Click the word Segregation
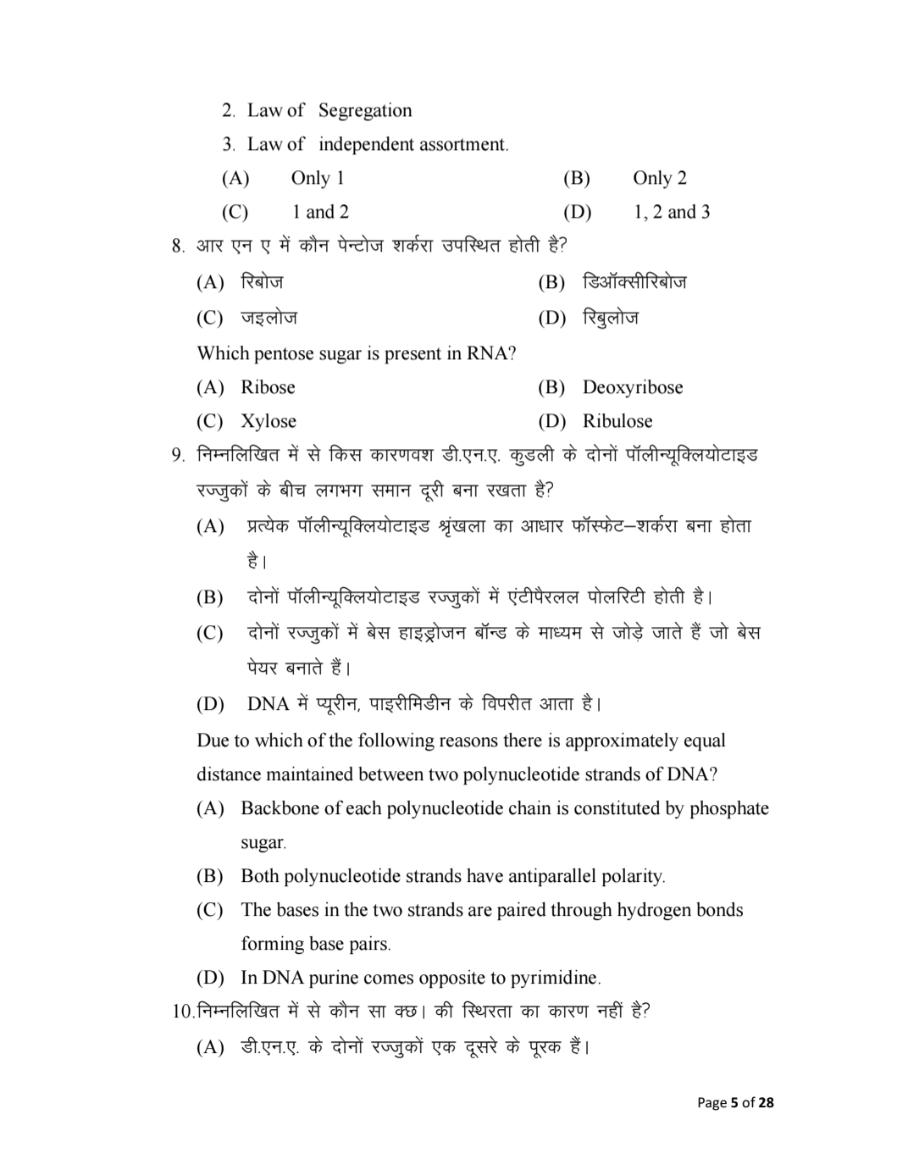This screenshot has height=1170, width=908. pyautogui.click(x=365, y=110)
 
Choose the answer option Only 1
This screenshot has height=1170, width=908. pyautogui.click(x=317, y=178)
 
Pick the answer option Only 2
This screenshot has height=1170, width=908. pyautogui.click(x=659, y=178)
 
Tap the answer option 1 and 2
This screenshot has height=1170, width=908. pyautogui.click(x=320, y=212)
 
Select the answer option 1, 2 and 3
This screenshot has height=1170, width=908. pyautogui.click(x=672, y=212)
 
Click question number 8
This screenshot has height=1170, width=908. pyautogui.click(x=177, y=247)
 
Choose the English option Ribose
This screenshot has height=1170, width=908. pyautogui.click(x=268, y=387)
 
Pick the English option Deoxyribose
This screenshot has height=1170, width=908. pyautogui.click(x=632, y=387)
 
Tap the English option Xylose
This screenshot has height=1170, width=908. pyautogui.click(x=269, y=421)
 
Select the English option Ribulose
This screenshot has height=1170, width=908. pyautogui.click(x=617, y=421)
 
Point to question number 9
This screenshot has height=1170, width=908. pyautogui.click(x=177, y=456)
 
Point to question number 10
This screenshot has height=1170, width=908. pyautogui.click(x=182, y=1012)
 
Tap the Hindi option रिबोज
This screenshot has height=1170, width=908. pyautogui.click(x=262, y=282)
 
